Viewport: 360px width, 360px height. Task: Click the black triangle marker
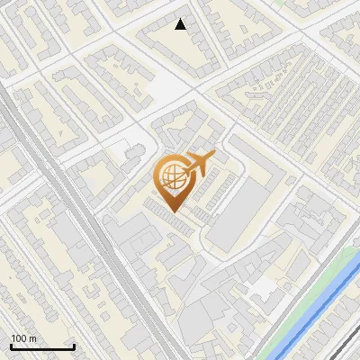pyautogui.click(x=181, y=25)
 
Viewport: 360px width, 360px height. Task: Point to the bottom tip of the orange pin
pyautogui.click(x=173, y=212)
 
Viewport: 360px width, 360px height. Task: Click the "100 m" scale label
pyautogui.click(x=22, y=338)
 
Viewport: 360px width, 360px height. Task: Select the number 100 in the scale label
pyautogui.click(x=18, y=338)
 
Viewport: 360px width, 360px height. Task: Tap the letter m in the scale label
pyautogui.click(x=31, y=338)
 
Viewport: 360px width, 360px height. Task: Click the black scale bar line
pyautogui.click(x=41, y=346)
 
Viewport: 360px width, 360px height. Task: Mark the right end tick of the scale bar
pyautogui.click(x=74, y=345)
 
